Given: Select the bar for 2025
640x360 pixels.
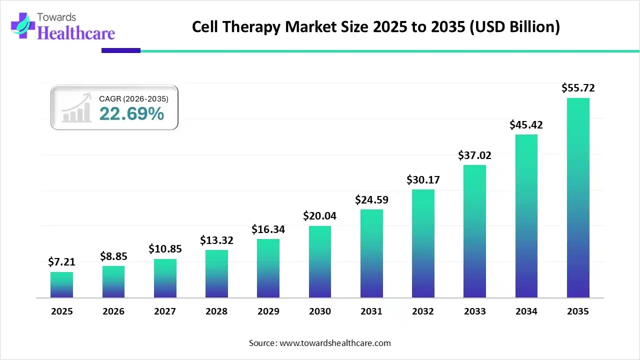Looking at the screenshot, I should [61, 285].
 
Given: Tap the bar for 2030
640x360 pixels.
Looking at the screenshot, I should [320, 262].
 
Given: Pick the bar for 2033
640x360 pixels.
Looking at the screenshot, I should [474, 231].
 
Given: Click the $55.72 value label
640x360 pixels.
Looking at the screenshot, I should [578, 88].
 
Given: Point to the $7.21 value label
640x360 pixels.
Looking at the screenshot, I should [61, 261].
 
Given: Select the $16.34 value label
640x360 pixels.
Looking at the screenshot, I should [268, 229].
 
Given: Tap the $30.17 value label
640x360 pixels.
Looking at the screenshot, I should [423, 179].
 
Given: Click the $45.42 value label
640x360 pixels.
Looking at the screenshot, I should [526, 124].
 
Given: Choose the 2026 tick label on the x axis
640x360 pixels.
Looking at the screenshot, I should [113, 311].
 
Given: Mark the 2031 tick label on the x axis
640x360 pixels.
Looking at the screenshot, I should [371, 311].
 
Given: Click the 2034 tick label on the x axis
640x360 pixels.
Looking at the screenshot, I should [526, 311].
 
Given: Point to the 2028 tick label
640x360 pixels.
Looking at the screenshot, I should [216, 311].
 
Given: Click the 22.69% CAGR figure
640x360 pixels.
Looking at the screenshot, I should [131, 114].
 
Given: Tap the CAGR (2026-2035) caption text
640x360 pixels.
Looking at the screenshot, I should [133, 99].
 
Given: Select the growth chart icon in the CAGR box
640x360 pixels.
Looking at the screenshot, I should [76, 108].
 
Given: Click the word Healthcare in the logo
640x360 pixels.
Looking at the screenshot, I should [76, 33].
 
